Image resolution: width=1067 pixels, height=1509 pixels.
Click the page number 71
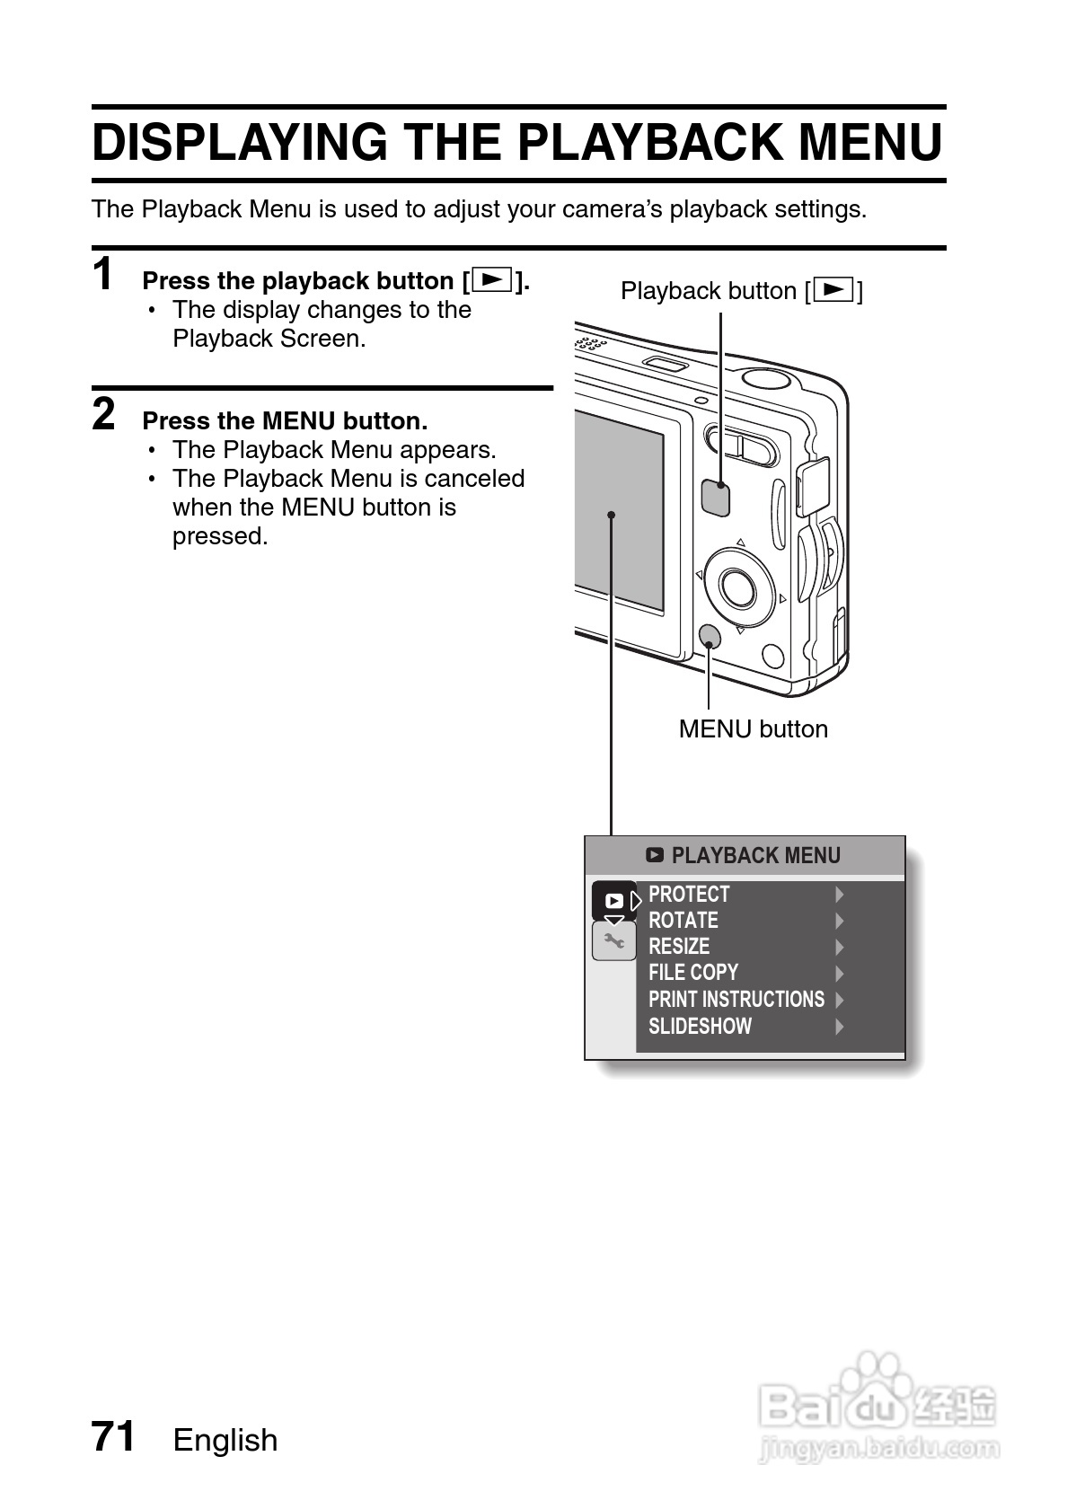[113, 1436]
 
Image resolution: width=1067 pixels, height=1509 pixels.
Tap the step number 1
[104, 274]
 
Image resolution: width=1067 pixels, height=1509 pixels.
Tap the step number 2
[104, 415]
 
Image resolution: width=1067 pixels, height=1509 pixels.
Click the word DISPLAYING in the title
[239, 142]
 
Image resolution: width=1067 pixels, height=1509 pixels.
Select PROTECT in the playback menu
[689, 895]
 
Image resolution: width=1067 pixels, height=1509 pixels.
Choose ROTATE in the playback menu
[683, 921]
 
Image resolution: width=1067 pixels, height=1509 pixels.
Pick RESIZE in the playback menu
[679, 947]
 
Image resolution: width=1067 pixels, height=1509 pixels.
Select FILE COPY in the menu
[692, 973]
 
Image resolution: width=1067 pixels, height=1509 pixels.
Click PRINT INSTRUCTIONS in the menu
[736, 1000]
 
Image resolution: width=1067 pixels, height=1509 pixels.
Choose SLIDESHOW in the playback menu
[700, 1026]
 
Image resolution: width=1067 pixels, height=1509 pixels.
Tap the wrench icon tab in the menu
[614, 941]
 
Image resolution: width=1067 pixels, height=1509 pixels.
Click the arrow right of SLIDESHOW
[840, 1026]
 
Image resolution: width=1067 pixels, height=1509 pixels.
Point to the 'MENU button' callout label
[753, 728]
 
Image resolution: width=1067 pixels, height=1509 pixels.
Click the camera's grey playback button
[715, 497]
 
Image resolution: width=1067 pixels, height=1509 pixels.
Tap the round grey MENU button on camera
[709, 637]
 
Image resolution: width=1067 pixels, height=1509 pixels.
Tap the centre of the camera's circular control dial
[739, 587]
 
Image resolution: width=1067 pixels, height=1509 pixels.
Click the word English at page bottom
[225, 1440]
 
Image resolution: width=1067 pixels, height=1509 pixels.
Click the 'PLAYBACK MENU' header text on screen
[755, 855]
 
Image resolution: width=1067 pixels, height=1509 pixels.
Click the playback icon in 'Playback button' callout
[834, 290]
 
